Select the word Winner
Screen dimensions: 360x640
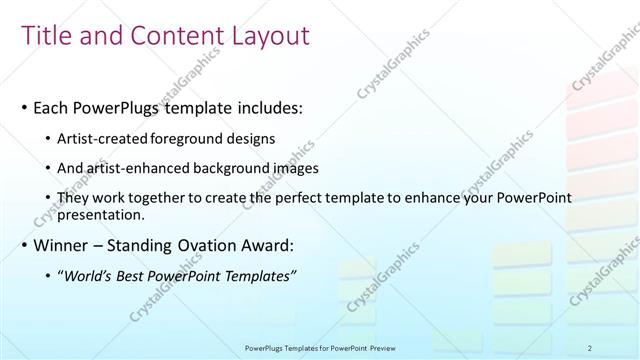(x=61, y=245)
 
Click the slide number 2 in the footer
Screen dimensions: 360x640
(x=590, y=347)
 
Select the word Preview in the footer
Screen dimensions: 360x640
(x=379, y=347)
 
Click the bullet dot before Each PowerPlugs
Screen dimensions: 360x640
(x=24, y=108)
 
